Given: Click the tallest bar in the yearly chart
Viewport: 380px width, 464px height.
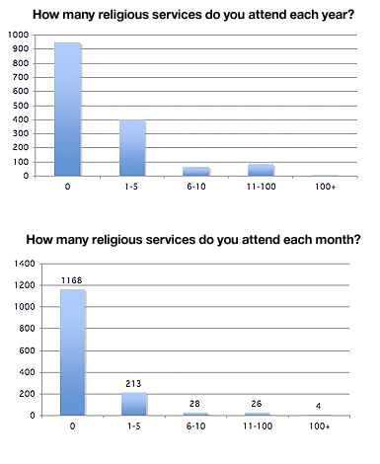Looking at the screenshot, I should tap(66, 110).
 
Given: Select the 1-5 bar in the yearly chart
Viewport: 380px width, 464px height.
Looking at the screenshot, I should tap(132, 148).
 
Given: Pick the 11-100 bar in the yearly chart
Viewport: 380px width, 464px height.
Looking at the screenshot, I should tap(262, 170).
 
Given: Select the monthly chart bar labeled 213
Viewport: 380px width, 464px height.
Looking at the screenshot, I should tap(136, 403).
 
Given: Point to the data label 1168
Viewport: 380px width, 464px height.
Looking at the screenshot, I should tap(74, 279).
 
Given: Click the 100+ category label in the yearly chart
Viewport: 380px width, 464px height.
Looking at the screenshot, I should tap(325, 186).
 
